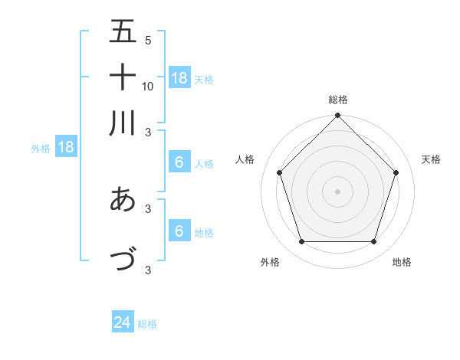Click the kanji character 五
coord(123,31)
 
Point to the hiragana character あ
coord(123,199)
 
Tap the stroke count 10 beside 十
coord(148,86)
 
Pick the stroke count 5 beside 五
coord(148,40)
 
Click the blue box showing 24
coord(123,323)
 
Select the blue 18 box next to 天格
coord(179,77)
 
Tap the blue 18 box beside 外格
coord(66,148)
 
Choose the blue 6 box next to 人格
coord(179,162)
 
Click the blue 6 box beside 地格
coord(179,231)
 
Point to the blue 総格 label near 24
coord(147,324)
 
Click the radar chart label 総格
coord(338,100)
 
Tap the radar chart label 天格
coord(432,159)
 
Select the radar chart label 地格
coord(402,262)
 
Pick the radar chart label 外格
coord(270,262)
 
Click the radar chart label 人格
coord(245,159)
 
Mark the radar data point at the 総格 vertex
coord(337,116)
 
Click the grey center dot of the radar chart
coord(337,191)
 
